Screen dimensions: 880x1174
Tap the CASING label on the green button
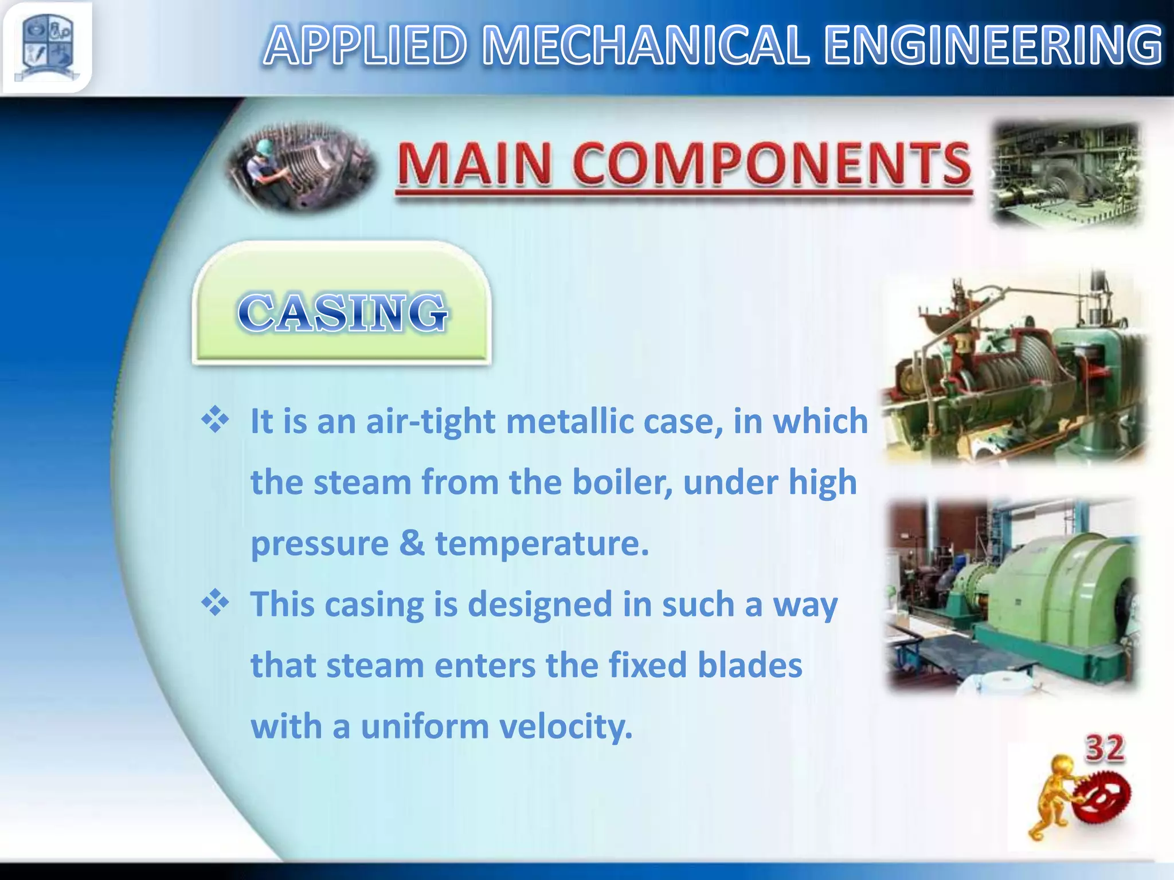(342, 313)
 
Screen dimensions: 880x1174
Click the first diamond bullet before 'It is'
(216, 421)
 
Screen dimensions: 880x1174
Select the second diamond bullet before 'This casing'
(216, 604)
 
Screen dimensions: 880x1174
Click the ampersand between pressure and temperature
(412, 543)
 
